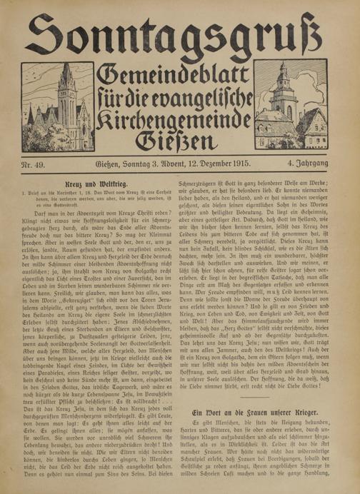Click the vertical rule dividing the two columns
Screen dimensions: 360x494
[180, 336]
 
